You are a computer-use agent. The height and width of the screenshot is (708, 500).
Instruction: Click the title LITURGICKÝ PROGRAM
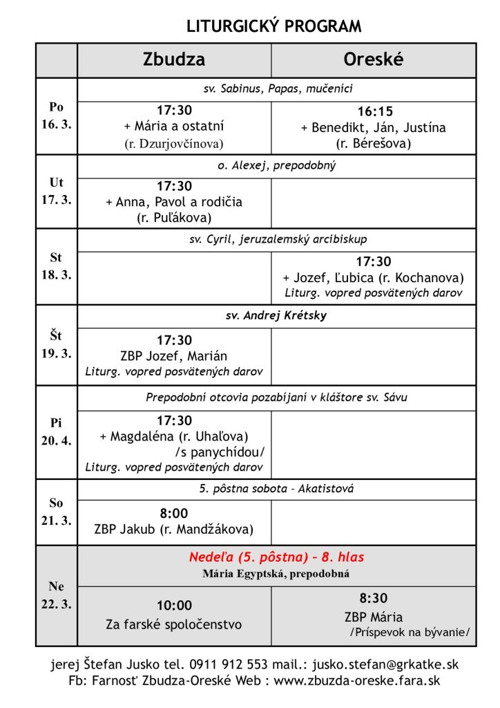click(274, 26)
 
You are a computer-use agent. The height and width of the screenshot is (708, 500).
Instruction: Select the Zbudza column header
click(173, 60)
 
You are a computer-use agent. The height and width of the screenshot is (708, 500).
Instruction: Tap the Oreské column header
click(373, 60)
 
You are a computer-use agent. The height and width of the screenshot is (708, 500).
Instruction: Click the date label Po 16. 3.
click(56, 115)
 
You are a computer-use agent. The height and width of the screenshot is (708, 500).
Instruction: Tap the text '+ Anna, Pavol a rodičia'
click(173, 202)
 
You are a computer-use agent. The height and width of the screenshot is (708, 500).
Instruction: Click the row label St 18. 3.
click(56, 265)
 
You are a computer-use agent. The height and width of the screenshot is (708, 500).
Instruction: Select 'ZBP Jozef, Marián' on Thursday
click(173, 356)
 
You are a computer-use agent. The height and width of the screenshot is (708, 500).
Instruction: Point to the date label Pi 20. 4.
click(56, 431)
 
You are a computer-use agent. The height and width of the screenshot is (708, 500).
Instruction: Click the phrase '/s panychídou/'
click(220, 451)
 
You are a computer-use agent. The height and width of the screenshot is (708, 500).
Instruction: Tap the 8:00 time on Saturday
click(173, 513)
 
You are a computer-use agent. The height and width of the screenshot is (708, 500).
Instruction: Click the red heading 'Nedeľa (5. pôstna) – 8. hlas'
click(276, 557)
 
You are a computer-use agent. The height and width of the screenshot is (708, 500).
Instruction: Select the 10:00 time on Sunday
click(173, 606)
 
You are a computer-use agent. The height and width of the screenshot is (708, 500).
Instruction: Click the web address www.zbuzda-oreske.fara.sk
click(357, 680)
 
